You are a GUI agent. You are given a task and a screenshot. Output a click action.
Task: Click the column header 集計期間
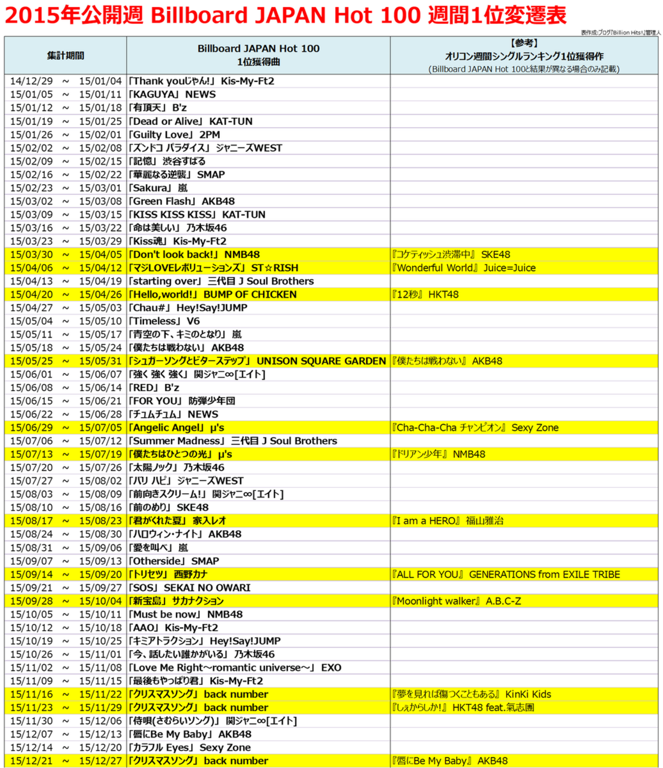pos(65,56)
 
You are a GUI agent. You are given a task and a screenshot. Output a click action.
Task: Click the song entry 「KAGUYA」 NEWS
pos(172,94)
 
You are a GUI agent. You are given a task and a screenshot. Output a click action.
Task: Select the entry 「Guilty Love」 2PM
pos(174,135)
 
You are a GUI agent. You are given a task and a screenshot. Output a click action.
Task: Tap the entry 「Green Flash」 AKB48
pos(182,201)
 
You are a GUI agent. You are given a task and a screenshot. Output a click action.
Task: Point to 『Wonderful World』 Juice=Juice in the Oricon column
pos(464,268)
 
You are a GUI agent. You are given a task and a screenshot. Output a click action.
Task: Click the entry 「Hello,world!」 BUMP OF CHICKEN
pos(212,294)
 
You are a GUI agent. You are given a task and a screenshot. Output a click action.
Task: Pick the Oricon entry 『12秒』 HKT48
pos(425,294)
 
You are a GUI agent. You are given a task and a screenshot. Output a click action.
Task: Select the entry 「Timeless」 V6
pos(164,321)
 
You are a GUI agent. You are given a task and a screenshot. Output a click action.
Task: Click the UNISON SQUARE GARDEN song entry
pos(257,361)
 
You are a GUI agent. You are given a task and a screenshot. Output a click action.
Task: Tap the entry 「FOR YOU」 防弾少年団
pos(182,401)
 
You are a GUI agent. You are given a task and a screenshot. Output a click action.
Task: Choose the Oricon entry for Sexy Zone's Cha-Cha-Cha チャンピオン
pos(475,427)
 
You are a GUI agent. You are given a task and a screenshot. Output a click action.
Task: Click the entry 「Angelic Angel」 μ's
pos(176,427)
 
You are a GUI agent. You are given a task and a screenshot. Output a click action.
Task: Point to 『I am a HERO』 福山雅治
pos(447,521)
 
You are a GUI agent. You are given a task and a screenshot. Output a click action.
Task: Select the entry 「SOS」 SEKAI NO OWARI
pos(189,587)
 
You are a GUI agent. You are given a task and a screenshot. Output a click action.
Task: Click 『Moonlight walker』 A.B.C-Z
pos(456,601)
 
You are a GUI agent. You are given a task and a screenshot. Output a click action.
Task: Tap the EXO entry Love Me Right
pos(235,668)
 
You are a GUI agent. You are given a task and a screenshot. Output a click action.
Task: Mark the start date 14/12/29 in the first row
pos(31,81)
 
